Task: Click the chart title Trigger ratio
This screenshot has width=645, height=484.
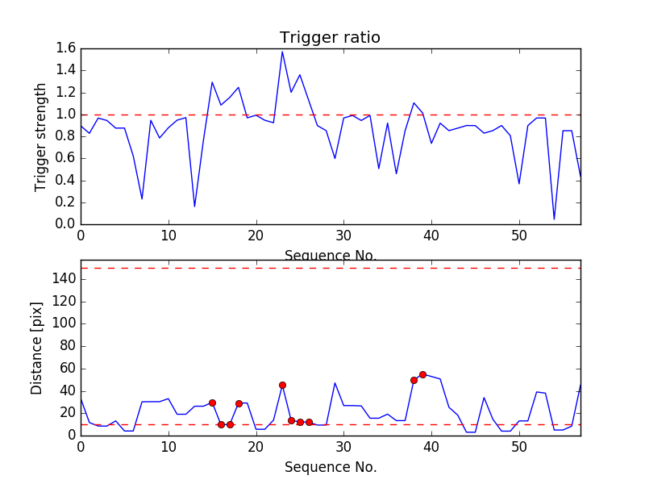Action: click(x=330, y=38)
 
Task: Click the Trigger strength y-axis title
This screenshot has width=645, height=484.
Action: click(x=41, y=136)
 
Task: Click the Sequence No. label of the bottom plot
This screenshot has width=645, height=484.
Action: click(x=330, y=467)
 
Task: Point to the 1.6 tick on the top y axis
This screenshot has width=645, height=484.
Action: click(x=65, y=48)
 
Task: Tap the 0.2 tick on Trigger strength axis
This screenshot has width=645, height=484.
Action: click(x=65, y=202)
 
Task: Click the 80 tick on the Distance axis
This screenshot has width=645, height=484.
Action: click(x=64, y=346)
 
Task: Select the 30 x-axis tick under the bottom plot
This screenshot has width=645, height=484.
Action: click(x=343, y=446)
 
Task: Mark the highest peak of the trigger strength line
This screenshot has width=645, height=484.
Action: click(x=282, y=52)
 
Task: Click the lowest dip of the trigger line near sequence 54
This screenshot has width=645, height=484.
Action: click(x=554, y=219)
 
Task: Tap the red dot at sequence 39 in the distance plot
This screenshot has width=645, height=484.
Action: click(x=422, y=374)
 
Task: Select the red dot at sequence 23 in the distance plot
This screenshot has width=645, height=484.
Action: click(x=282, y=385)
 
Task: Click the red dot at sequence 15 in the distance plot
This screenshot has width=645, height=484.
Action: click(x=212, y=403)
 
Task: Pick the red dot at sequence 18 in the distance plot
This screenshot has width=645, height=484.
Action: click(x=239, y=403)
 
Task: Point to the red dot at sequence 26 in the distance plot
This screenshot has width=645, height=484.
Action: click(x=309, y=422)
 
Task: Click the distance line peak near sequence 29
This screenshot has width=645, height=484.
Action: click(x=335, y=383)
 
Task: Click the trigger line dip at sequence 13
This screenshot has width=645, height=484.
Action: click(x=194, y=207)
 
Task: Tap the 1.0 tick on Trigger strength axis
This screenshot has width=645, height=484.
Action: click(x=65, y=115)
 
